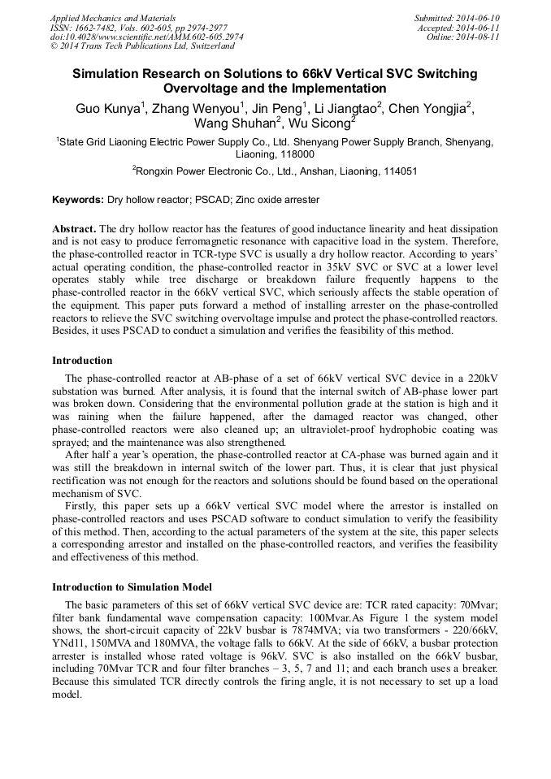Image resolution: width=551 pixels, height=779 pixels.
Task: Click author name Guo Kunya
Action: [108, 109]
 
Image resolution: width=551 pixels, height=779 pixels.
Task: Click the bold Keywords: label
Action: [78, 200]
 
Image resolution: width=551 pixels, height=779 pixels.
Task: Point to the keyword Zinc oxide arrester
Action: [274, 200]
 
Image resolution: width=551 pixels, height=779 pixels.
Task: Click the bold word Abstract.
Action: [73, 230]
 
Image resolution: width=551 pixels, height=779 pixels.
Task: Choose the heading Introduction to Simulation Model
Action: [132, 586]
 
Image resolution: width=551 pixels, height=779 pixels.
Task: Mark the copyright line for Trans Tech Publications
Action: [142, 47]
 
